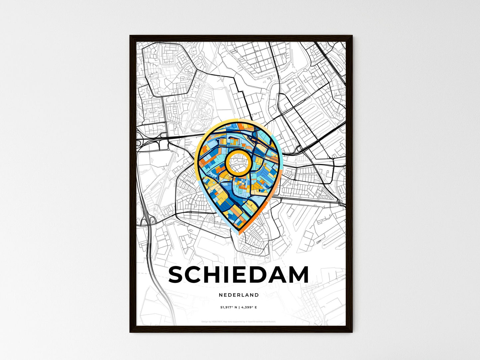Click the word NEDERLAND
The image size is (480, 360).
tap(239, 295)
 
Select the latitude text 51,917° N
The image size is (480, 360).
tap(229, 308)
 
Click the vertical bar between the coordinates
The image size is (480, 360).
tap(239, 308)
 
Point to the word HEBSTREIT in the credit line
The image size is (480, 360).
tap(216, 321)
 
